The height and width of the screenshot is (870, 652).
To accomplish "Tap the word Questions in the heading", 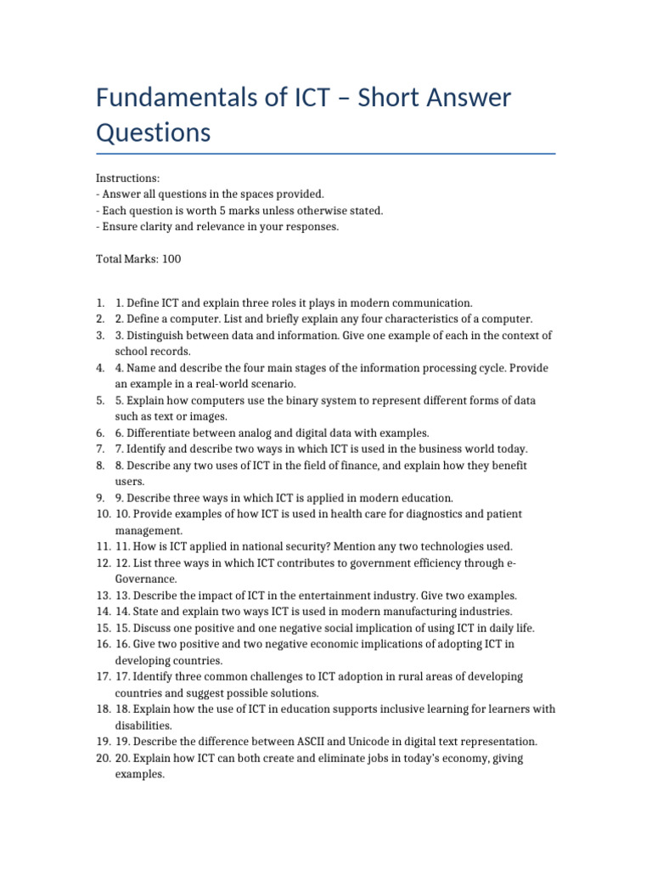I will [153, 133].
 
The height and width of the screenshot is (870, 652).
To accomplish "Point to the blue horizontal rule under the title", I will [326, 154].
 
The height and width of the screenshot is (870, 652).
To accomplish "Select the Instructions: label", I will [127, 178].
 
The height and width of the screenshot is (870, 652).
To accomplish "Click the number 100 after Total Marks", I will [171, 259].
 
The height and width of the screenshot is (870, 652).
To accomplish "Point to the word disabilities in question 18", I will [143, 726].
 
